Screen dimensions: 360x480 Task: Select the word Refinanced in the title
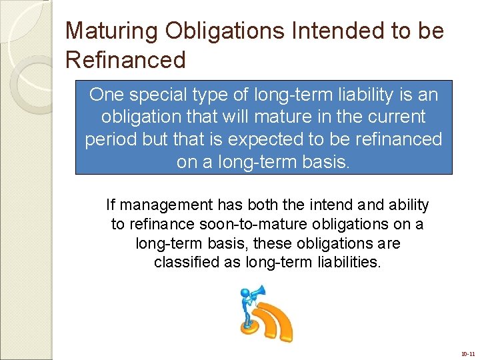click(125, 60)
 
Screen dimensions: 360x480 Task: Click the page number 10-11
click(467, 354)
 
